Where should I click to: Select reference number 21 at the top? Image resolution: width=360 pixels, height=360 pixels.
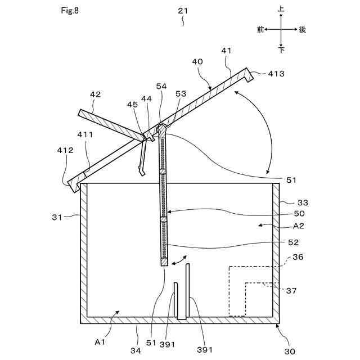(x=183, y=11)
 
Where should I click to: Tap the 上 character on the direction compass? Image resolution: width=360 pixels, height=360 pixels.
(x=281, y=10)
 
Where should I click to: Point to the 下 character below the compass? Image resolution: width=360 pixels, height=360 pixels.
(x=281, y=50)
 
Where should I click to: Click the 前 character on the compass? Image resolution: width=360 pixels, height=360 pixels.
(x=260, y=30)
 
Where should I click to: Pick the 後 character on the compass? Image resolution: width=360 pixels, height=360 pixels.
(x=302, y=30)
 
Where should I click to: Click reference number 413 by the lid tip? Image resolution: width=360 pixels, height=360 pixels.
(x=276, y=74)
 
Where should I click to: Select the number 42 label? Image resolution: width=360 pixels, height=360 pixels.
(x=95, y=95)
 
